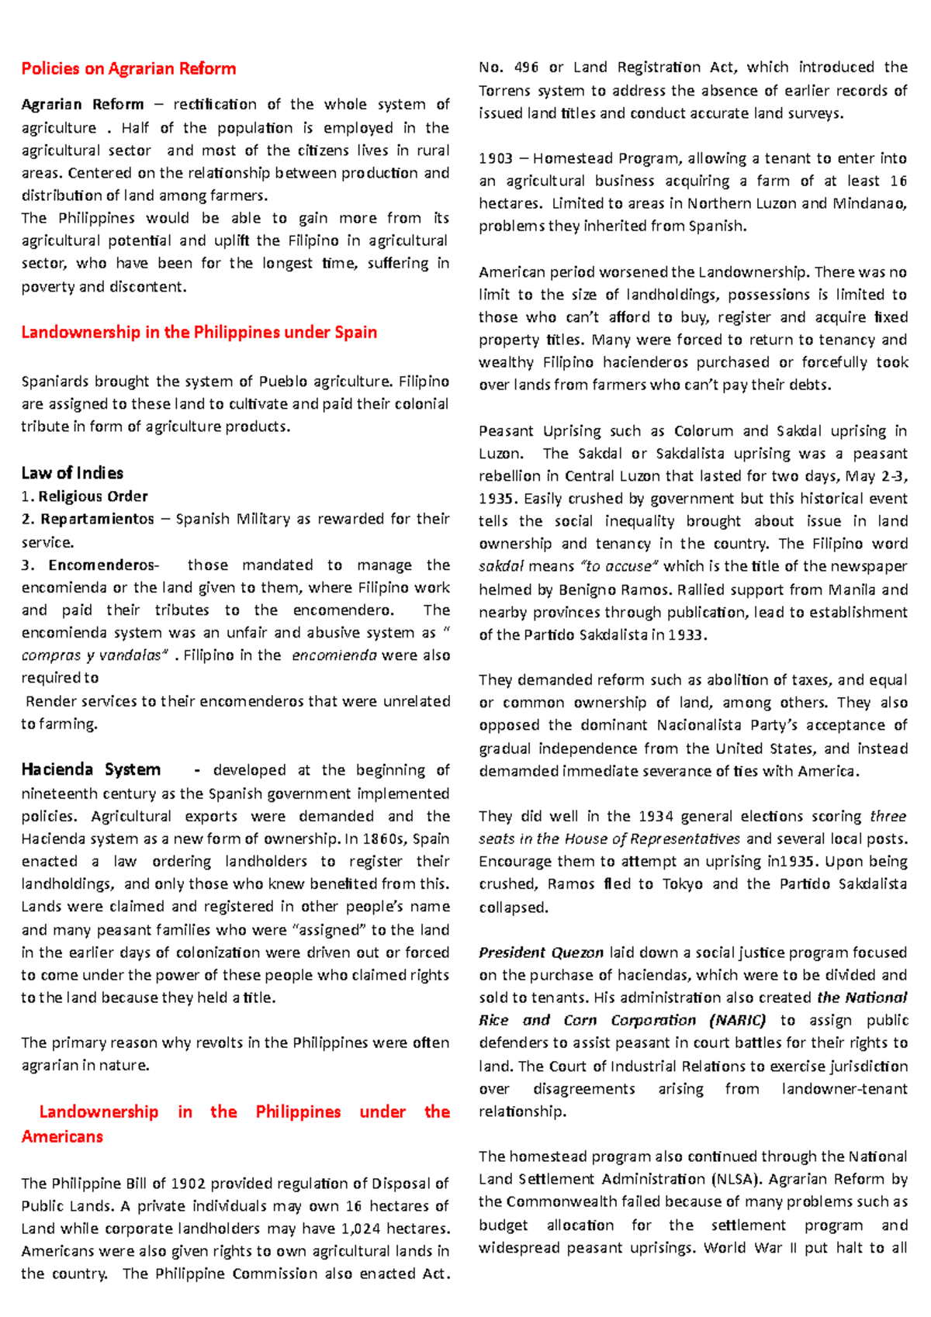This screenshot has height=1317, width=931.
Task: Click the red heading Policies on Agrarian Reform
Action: click(x=129, y=68)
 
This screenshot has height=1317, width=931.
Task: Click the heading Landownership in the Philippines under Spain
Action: click(x=199, y=332)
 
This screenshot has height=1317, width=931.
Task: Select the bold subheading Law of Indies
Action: click(x=72, y=473)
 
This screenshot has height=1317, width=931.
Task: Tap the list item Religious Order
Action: click(x=93, y=496)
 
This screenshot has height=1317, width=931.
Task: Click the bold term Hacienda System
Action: click(x=91, y=769)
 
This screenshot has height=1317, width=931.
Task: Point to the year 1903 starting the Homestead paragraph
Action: click(x=495, y=158)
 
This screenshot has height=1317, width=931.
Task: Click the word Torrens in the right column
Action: click(x=504, y=91)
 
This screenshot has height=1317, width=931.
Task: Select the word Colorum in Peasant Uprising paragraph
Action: click(x=703, y=430)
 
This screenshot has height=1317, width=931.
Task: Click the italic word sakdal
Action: click(x=501, y=566)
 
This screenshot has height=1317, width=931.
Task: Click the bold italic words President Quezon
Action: click(x=541, y=952)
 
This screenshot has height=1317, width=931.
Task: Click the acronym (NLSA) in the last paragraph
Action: click(x=737, y=1179)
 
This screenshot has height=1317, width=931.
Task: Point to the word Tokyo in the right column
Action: click(x=682, y=883)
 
